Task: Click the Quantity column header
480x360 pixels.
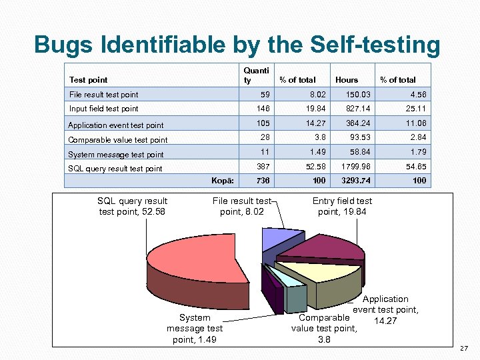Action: click(256, 75)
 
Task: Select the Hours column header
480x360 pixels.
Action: click(346, 80)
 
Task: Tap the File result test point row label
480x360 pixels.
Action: click(104, 95)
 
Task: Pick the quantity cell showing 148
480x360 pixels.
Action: click(255, 109)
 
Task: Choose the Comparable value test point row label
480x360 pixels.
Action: click(118, 140)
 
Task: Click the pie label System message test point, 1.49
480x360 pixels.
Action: click(194, 329)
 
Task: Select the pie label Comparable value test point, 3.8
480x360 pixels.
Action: click(324, 329)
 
